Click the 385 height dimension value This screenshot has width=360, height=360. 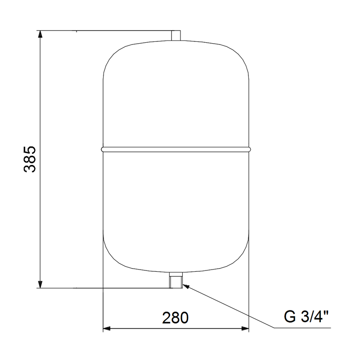tap(30, 159)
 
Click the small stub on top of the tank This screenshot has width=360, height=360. tap(176, 36)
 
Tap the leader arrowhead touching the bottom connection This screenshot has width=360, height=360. tap(186, 286)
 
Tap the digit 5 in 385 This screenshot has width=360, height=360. tap(30, 150)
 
